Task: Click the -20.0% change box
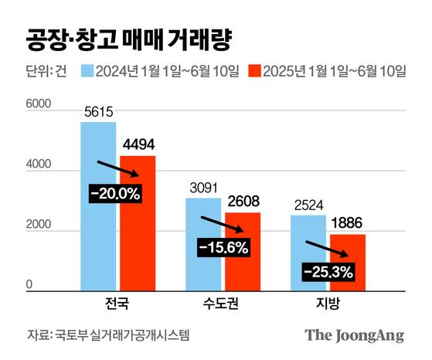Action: (114, 194)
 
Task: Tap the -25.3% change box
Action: (328, 271)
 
